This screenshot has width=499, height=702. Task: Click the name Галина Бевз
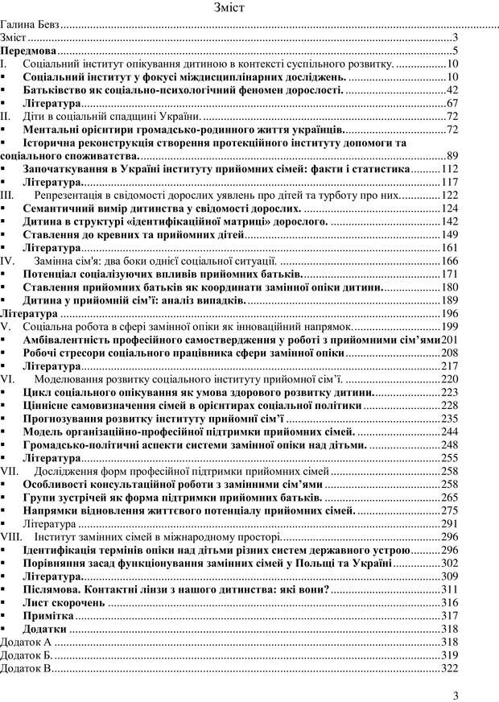point(30,25)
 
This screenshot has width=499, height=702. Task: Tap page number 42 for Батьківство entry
point(452,89)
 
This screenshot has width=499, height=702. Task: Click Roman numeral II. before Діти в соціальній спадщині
point(6,116)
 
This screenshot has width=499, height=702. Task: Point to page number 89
point(452,155)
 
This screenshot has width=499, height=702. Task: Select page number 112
point(449,168)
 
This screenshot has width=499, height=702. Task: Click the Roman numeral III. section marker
point(7,195)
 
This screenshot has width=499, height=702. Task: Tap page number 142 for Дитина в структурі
point(449,221)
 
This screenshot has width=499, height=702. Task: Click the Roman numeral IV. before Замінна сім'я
point(7,261)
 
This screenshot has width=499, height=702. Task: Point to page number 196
point(449,313)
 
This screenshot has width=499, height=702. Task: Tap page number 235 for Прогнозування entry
point(449,419)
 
